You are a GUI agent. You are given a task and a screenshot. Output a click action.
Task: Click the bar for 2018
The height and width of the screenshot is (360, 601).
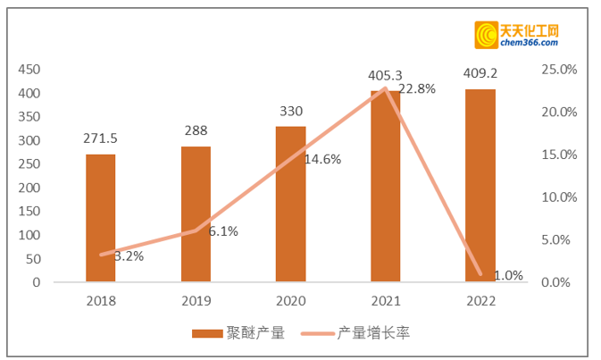coord(101,219)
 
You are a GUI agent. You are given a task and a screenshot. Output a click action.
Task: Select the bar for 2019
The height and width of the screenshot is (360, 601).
coord(196,214)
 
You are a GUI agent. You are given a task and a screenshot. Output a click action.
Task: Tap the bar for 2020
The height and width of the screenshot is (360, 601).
coord(290,205)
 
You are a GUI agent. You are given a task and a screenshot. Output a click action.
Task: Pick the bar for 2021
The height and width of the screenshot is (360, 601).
coord(385,187)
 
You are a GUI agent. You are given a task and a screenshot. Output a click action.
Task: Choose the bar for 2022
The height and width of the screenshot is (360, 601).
coord(480,186)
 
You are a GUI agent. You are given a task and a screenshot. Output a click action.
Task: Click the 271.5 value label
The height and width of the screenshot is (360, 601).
coord(101,138)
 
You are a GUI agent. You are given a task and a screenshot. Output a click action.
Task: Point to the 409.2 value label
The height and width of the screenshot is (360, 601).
coord(480,74)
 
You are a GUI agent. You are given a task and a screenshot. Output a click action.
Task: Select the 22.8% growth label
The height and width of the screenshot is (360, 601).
coord(416,88)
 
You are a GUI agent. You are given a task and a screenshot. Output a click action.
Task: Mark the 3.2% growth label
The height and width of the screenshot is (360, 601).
coord(129,255)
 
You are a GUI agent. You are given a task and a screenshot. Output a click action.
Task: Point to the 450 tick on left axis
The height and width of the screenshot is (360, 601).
coord(29,70)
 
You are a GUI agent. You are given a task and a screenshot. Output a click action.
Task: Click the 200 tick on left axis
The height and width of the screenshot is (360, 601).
coord(29,188)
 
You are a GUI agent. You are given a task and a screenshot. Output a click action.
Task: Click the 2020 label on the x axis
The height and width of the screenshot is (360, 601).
coord(290,301)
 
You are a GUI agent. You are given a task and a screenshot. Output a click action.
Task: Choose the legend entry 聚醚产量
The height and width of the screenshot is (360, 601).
coord(238,333)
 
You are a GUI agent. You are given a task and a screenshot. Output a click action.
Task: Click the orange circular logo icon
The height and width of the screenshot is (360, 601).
coord(487,35)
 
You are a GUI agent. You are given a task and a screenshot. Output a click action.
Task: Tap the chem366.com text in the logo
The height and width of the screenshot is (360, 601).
coord(528,45)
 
